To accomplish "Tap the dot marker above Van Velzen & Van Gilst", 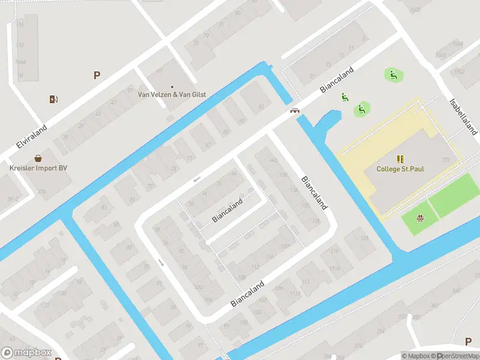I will (172, 86).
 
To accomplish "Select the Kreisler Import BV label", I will (38, 168).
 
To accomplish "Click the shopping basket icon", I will (38, 159).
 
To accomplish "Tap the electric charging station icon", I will (54, 99).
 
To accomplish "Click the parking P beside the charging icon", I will (96, 75).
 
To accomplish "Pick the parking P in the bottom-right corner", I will (468, 341).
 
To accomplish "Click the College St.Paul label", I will (400, 169).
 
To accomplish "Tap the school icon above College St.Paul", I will (400, 159).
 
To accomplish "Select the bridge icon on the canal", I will (295, 110).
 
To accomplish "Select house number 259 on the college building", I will (446, 160).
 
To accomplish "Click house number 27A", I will (41, 192).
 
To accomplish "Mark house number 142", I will (273, 160).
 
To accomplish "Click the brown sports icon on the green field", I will (419, 218).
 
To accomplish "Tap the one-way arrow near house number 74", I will (197, 179).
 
